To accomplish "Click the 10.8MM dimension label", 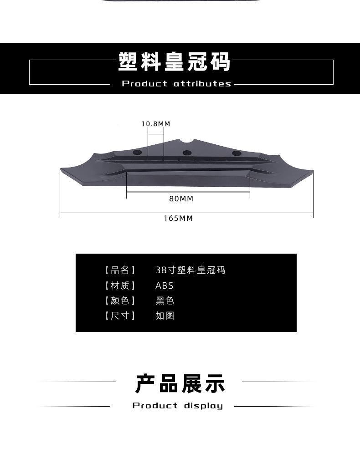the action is (x=155, y=124).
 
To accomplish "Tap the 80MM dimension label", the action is (x=181, y=199).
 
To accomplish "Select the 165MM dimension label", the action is (x=179, y=219).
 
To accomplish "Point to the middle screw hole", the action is (x=186, y=153).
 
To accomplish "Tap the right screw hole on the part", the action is (x=236, y=153).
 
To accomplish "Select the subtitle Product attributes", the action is (x=177, y=84).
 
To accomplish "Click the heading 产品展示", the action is (x=180, y=383).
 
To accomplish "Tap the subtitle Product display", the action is (x=178, y=406).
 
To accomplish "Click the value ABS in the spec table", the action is (x=164, y=286).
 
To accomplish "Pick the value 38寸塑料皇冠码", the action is (x=190, y=270).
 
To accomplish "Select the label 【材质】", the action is (x=120, y=286).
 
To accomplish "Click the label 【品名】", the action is (x=120, y=270).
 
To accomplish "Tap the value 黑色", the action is (x=165, y=301).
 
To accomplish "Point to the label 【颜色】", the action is (x=120, y=301).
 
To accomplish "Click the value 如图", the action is (x=165, y=316).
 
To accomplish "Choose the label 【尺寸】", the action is (x=120, y=316).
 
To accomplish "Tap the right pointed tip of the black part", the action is (x=312, y=172).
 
